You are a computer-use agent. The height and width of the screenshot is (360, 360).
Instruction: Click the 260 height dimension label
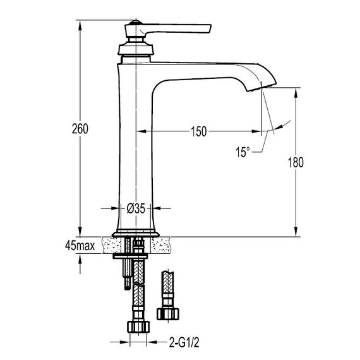[x=80, y=129]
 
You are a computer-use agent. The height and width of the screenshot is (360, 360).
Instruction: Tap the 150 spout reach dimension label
[x=199, y=131]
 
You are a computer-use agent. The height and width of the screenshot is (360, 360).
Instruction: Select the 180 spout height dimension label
[x=296, y=162]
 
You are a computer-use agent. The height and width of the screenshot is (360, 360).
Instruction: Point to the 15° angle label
[x=243, y=152]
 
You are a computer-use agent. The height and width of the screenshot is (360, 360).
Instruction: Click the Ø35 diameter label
[x=136, y=208]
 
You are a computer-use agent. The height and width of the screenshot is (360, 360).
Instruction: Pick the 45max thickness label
[x=80, y=246]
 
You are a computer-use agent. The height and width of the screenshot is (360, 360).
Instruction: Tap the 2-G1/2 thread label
[x=184, y=343]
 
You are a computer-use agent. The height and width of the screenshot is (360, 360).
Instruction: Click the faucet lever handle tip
[x=210, y=28]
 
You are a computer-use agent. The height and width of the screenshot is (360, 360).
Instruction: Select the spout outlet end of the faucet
[x=261, y=87]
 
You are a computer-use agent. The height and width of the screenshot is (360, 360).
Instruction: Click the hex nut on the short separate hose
[x=168, y=314]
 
